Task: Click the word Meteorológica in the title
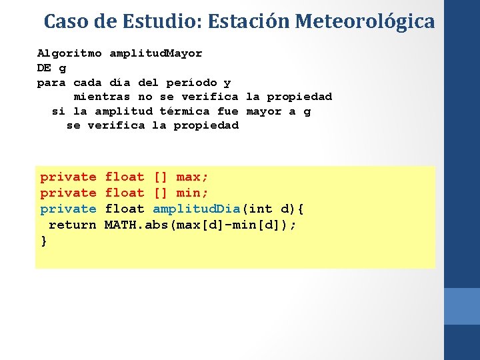coord(365,22)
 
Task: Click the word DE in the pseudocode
coord(44,68)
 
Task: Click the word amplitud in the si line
coord(123,111)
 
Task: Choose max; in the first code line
coord(192,177)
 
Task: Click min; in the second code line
coord(192,193)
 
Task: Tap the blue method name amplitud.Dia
coord(196,209)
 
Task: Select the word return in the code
coord(73,225)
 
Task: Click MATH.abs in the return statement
coord(137,225)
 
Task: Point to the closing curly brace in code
coord(44,241)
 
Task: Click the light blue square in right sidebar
coord(461,306)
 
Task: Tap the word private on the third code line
coord(68,209)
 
